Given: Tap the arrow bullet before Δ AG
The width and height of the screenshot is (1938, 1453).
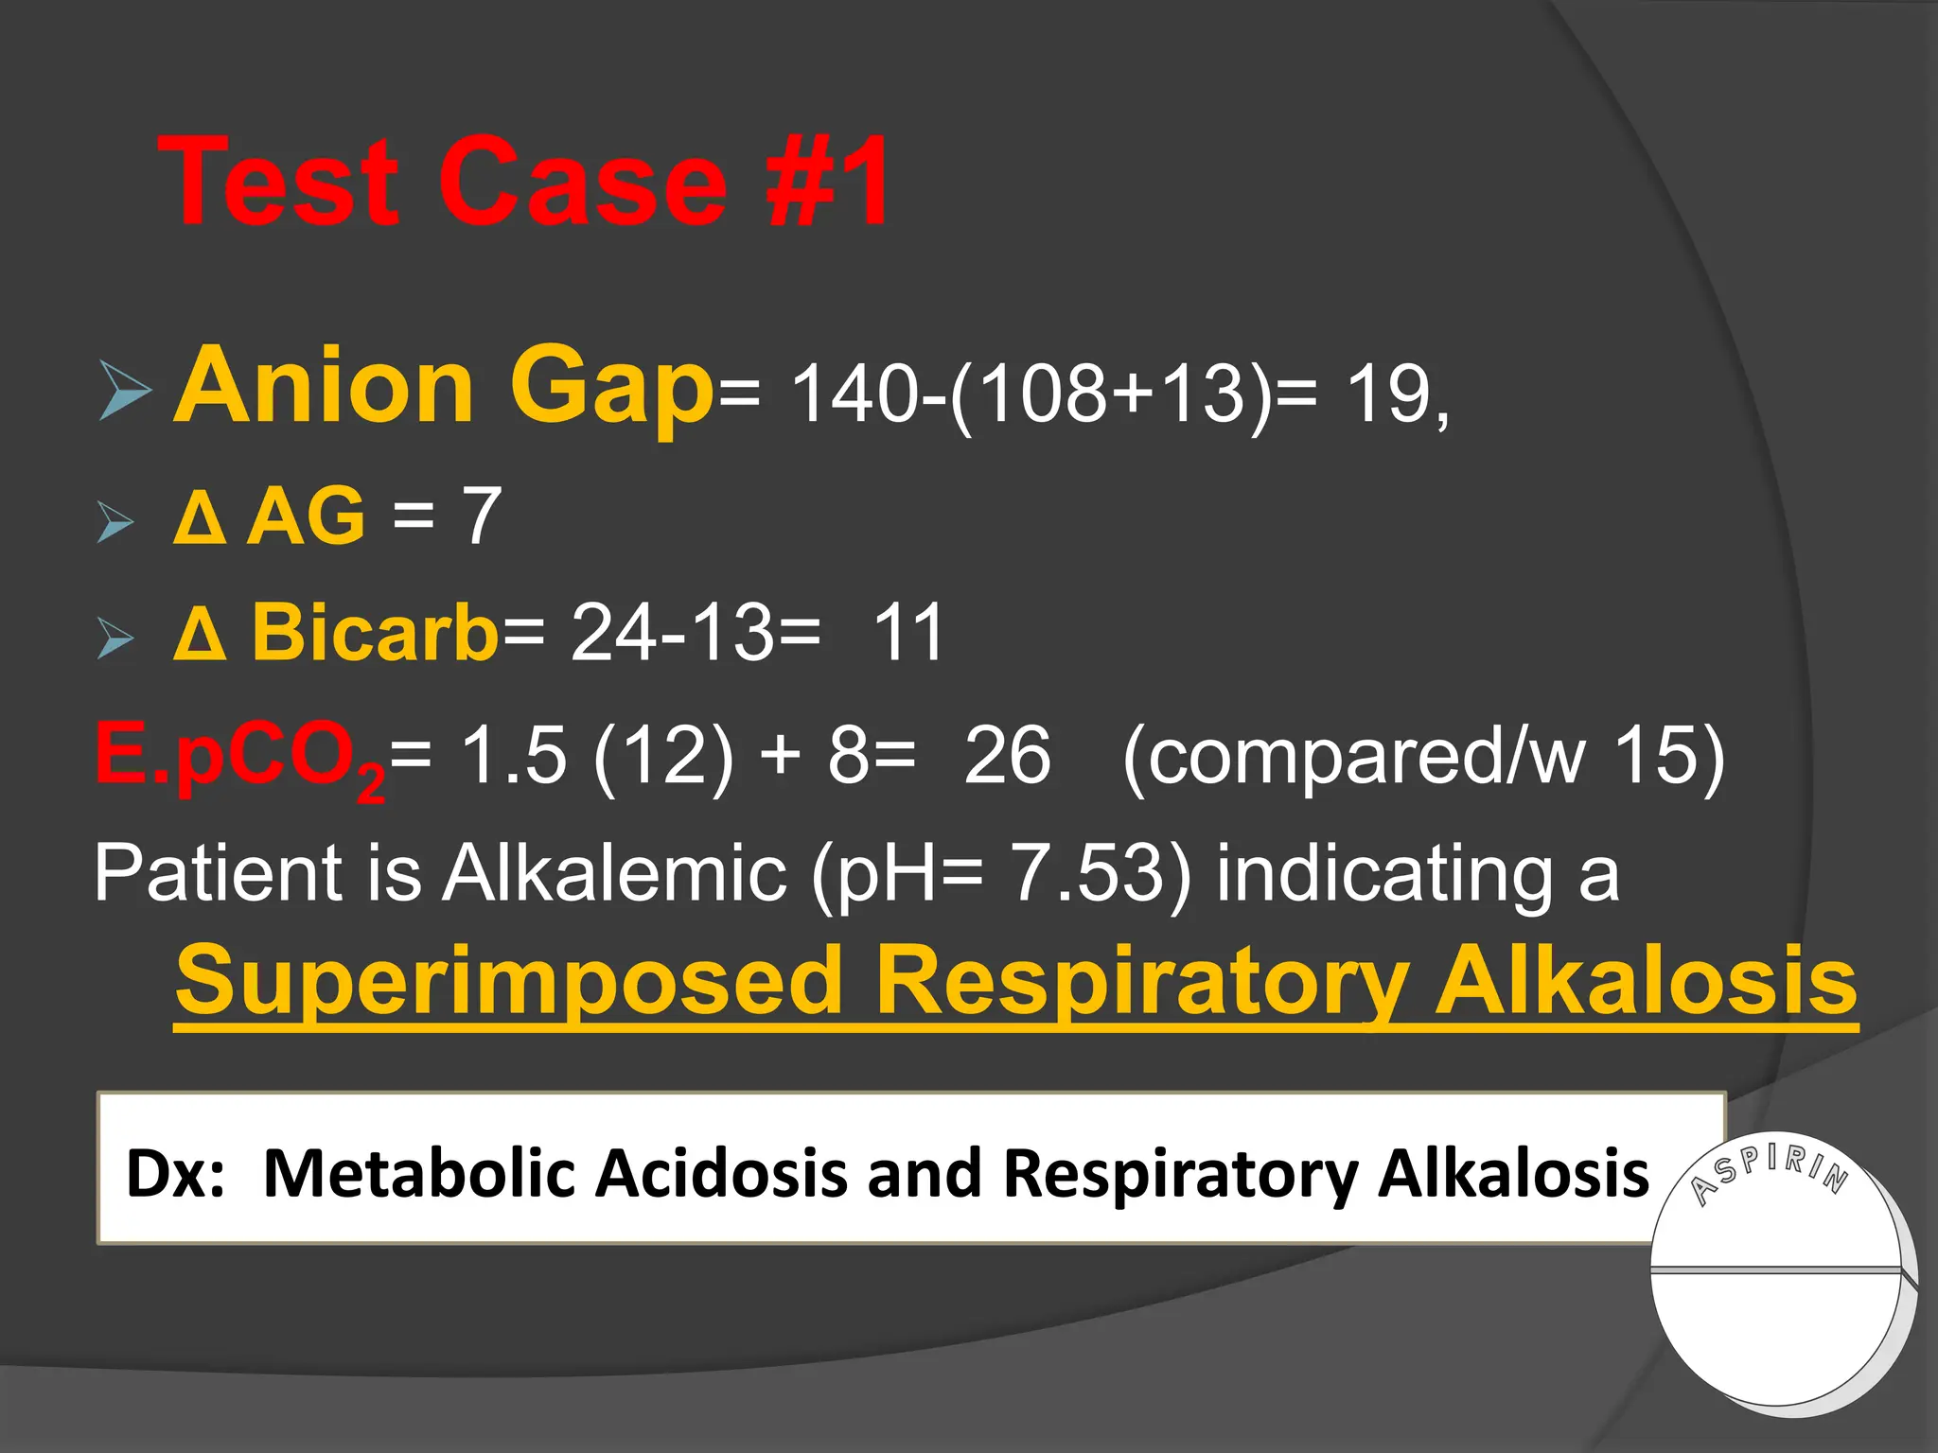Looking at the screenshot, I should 115,522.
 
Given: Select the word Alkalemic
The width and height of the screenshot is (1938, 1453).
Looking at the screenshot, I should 615,872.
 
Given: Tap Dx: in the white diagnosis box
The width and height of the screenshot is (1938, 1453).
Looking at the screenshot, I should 176,1173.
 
